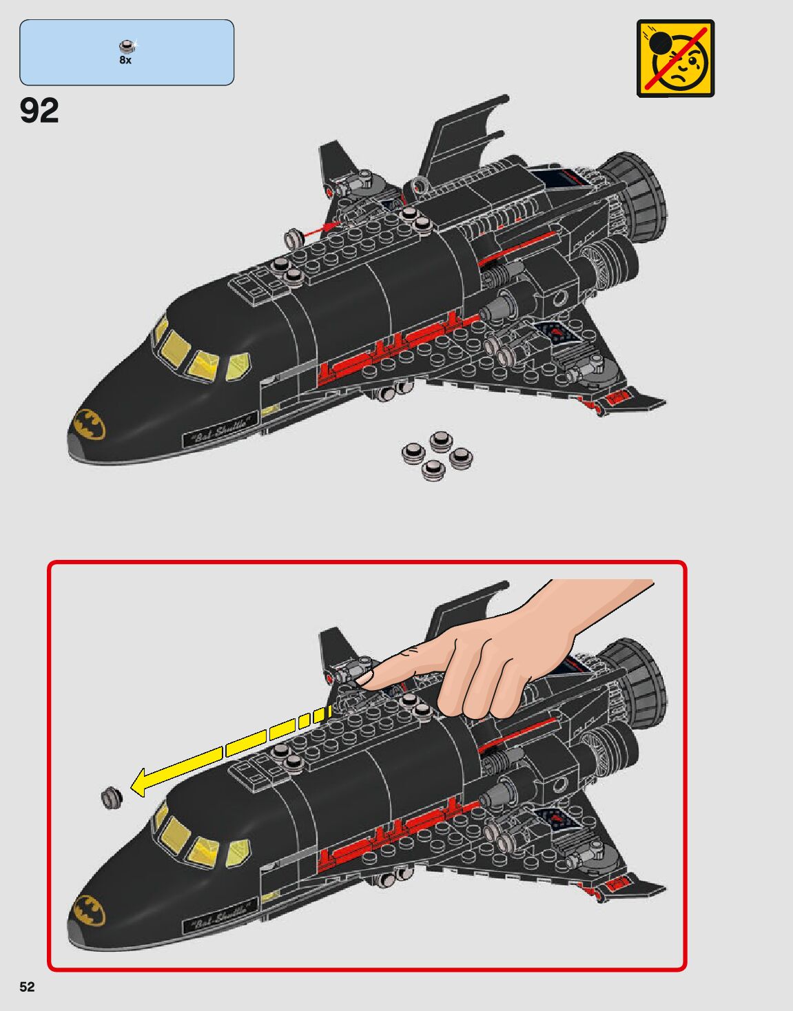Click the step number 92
pyautogui.click(x=39, y=110)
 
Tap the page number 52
pyautogui.click(x=27, y=986)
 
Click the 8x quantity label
pyautogui.click(x=125, y=61)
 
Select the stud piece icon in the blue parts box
pyautogui.click(x=126, y=47)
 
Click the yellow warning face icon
pyautogui.click(x=675, y=58)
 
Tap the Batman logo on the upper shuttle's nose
pyautogui.click(x=89, y=424)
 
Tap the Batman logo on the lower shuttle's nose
pyautogui.click(x=89, y=910)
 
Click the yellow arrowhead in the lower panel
pyautogui.click(x=141, y=782)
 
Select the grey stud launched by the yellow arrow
pyautogui.click(x=112, y=797)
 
